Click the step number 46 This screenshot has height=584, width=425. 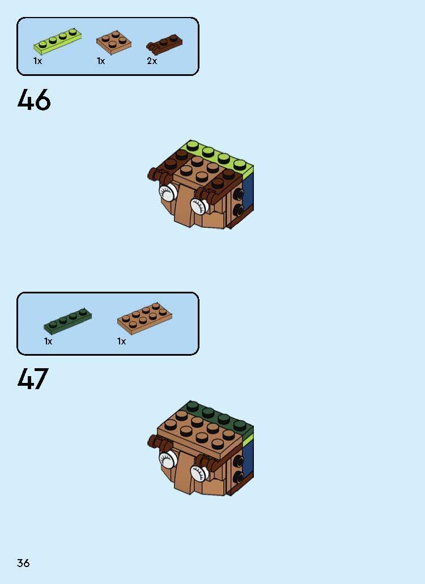pos(34,101)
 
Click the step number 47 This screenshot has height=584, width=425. pos(33,379)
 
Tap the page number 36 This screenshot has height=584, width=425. pos(23,563)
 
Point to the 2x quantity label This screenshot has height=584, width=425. pos(152,61)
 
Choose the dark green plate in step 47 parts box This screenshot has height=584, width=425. pos(67,321)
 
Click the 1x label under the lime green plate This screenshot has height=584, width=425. pos(37,61)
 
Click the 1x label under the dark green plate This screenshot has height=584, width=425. pos(48,342)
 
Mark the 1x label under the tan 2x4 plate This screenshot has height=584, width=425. pos(121,342)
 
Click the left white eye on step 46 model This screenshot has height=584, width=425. pos(167,193)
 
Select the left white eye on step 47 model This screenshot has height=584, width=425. pos(167,459)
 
